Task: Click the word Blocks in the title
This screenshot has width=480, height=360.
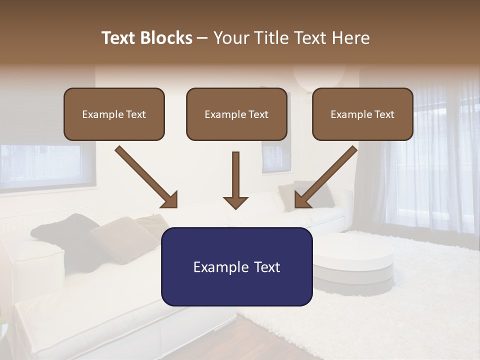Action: coord(165,38)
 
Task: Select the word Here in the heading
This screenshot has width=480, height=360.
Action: coord(350,38)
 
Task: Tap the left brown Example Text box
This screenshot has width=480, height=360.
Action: coord(114,114)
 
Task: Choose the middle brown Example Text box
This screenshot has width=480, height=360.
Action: coord(236,114)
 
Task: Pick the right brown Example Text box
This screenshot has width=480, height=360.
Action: coord(362,114)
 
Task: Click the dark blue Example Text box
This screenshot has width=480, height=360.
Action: coord(236,266)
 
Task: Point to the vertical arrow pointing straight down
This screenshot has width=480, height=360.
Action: coord(235,180)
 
